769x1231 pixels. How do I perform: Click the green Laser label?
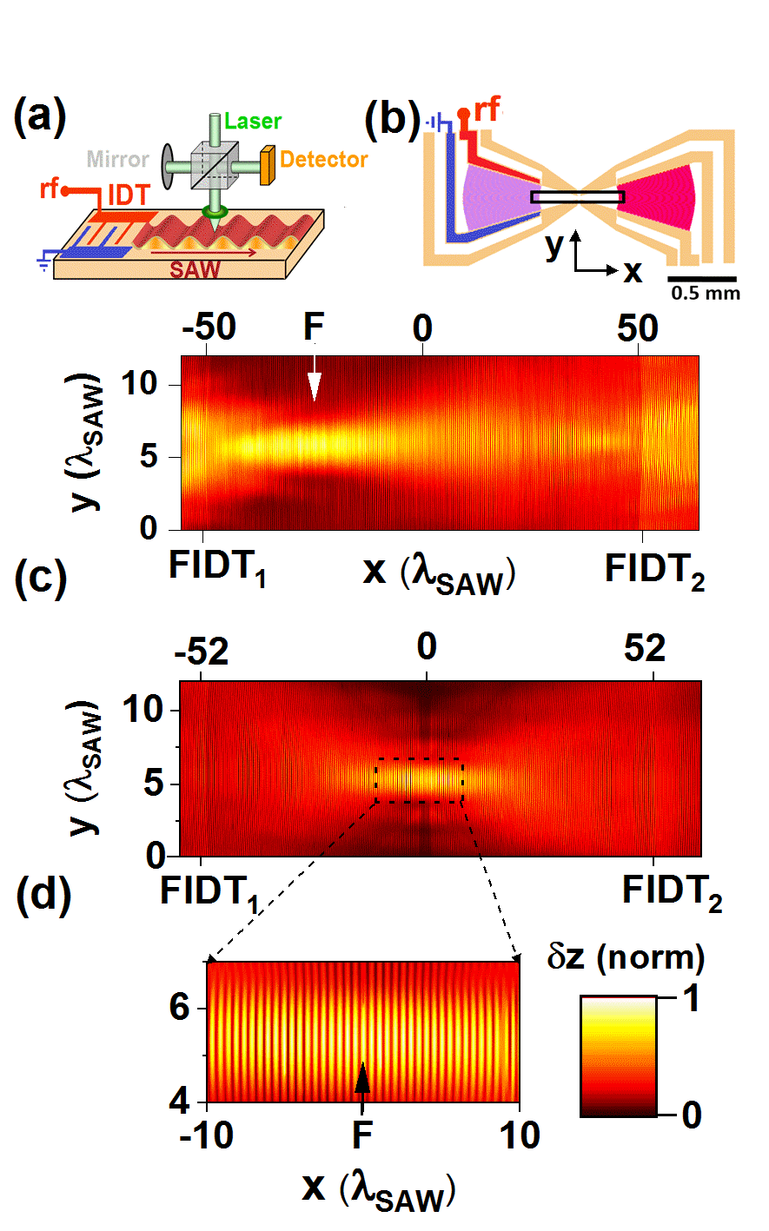point(253,121)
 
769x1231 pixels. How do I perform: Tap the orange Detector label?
point(323,159)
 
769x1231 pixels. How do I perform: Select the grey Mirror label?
point(117,160)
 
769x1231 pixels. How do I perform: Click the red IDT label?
point(128,195)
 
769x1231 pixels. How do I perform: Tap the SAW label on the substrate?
point(195,268)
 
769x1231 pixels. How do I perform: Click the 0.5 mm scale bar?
point(701,280)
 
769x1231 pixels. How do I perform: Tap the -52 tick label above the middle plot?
point(202,651)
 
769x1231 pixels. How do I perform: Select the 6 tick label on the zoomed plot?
point(179,1008)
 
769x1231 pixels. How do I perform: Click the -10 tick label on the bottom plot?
point(206,1136)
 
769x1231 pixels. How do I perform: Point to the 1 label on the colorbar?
point(692,999)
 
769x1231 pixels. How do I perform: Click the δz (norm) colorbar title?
point(625,957)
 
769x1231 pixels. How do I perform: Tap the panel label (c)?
point(40,579)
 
